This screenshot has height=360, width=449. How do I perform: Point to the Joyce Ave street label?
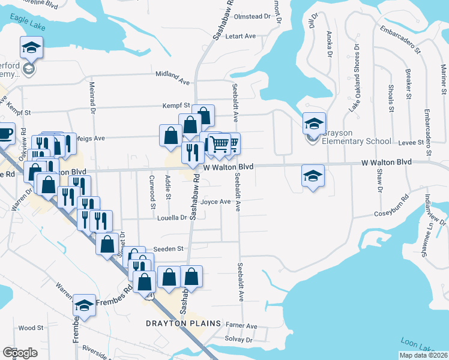pos(216,202)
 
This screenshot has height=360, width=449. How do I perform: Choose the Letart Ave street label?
pos(240,36)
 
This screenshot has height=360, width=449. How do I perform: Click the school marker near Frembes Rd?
pos(85,305)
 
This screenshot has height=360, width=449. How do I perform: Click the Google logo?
pos(20,352)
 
